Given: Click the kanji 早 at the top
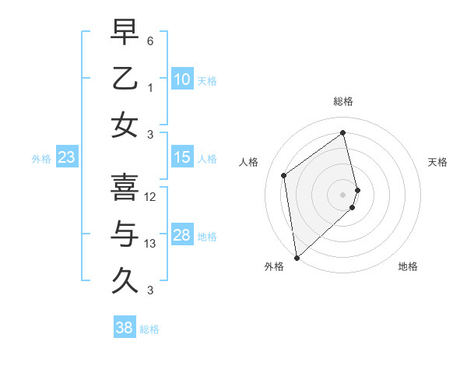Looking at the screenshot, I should click(x=125, y=33).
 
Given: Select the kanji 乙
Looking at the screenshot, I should click(x=125, y=79).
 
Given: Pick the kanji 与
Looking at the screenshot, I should click(x=125, y=234).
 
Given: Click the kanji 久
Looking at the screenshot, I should click(x=125, y=279).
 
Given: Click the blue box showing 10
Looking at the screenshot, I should click(x=181, y=79).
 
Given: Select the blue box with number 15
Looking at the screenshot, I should click(x=181, y=157).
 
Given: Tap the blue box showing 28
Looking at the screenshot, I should click(x=181, y=235).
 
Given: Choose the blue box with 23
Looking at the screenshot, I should click(x=67, y=157).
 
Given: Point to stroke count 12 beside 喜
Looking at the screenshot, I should click(x=150, y=197).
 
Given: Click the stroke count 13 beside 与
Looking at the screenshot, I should click(x=150, y=244).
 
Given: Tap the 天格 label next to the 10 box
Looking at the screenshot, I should click(x=206, y=81).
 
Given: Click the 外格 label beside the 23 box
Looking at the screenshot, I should click(x=41, y=159).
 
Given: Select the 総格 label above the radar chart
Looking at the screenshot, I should click(x=343, y=101).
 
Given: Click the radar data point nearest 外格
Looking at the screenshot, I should click(x=297, y=257).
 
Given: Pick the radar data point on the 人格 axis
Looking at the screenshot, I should click(x=284, y=175).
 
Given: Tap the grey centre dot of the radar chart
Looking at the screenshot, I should click(x=343, y=194).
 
